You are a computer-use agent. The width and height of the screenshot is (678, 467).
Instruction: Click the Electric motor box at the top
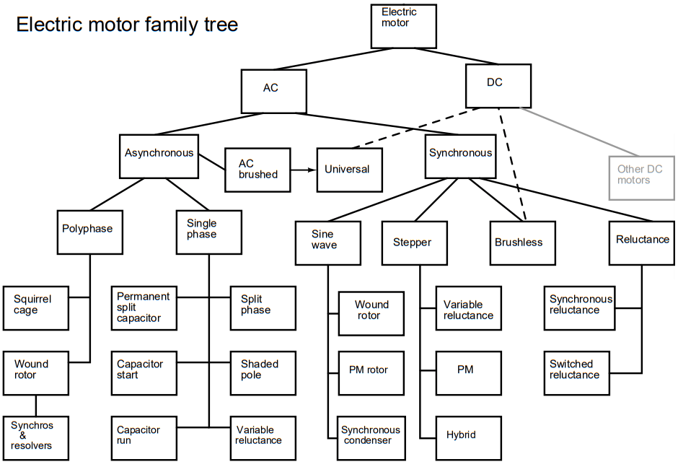[x=403, y=25]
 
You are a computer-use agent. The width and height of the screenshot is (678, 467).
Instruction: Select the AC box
[x=274, y=91]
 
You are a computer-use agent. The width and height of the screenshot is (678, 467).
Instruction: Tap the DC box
[x=498, y=85]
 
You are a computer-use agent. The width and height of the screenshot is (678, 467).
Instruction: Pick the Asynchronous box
[x=159, y=155]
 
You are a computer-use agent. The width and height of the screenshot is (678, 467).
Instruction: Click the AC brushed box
[x=257, y=170]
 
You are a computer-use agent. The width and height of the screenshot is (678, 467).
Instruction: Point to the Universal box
[x=350, y=170]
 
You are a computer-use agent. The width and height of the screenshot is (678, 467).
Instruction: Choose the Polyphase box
[x=90, y=231]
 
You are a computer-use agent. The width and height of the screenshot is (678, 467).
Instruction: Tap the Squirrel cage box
[x=36, y=308]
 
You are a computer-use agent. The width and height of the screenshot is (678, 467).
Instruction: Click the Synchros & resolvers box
[x=36, y=437]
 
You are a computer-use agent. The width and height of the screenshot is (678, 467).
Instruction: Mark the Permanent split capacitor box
[x=144, y=308]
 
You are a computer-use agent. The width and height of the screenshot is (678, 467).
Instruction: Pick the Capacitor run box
[x=144, y=437]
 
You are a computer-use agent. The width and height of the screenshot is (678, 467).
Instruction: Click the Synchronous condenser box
[x=371, y=437]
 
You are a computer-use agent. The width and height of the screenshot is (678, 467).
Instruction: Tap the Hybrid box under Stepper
[x=469, y=437]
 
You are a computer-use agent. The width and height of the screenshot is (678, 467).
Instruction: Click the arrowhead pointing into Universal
[x=312, y=170]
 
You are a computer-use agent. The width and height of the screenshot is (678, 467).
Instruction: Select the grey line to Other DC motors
[x=581, y=131]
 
